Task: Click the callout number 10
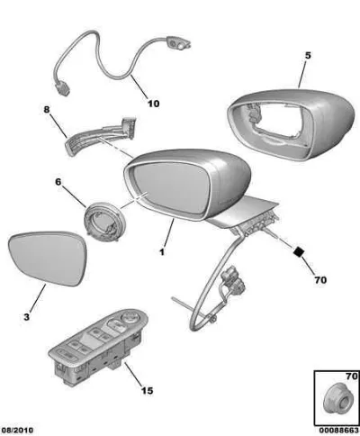pos(153,104)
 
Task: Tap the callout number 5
pos(308,56)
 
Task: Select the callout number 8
pos(47,109)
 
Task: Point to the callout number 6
pos(58,182)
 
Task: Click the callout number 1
pos(162,252)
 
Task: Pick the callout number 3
pos(27,317)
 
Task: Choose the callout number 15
pos(147,390)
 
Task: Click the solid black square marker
pos(299,251)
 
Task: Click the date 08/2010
pos(17,431)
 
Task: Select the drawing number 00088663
pos(338,431)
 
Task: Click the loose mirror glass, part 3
pos(48,258)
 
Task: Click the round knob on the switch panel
pos(130,316)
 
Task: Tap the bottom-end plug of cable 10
pos(62,88)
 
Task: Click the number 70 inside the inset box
pos(352,377)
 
